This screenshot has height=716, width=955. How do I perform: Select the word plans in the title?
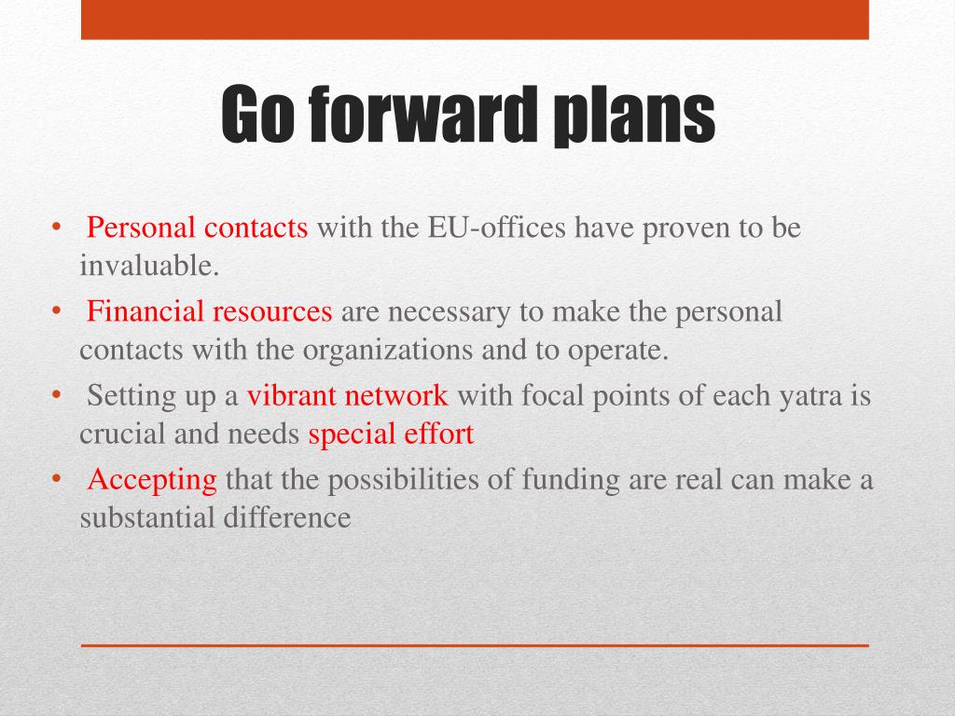[x=633, y=114]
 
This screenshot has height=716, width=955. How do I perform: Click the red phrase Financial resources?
[x=210, y=311]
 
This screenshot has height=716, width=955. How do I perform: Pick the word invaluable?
[x=149, y=267]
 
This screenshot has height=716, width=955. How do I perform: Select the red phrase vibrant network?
[x=348, y=395]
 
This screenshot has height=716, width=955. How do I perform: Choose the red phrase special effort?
[x=391, y=434]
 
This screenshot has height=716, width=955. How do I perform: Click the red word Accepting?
[x=152, y=479]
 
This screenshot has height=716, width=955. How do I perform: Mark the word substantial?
[x=147, y=518]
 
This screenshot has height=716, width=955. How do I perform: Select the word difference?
[x=287, y=518]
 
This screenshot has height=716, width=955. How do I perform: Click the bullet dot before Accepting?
[x=56, y=479]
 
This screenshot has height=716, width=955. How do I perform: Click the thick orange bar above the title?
[x=475, y=20]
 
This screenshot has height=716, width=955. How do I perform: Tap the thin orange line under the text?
[x=475, y=645]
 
